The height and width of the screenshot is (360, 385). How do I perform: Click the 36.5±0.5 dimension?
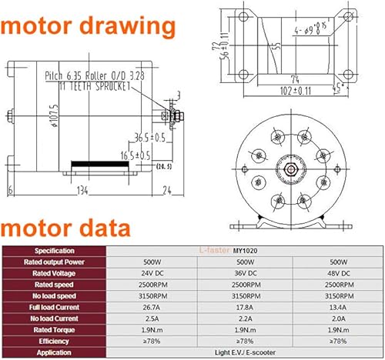(x=127, y=139)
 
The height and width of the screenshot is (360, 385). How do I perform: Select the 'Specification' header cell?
(x=53, y=251)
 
